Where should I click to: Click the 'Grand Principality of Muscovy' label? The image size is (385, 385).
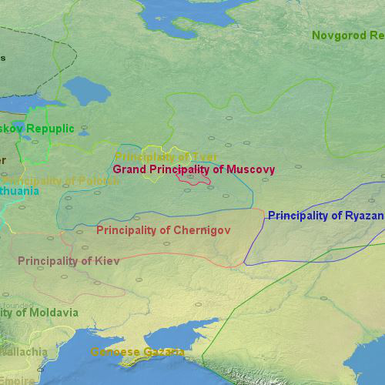pyautogui.click(x=193, y=169)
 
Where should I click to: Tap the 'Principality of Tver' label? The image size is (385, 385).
pyautogui.click(x=166, y=157)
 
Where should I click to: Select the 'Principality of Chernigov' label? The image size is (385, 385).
pyautogui.click(x=163, y=230)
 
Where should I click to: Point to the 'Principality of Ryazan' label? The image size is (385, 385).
pyautogui.click(x=325, y=216)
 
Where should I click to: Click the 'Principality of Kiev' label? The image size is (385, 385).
pyautogui.click(x=69, y=261)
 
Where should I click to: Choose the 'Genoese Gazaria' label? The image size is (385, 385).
pyautogui.click(x=137, y=352)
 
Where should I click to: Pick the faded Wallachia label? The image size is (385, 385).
pyautogui.click(x=23, y=352)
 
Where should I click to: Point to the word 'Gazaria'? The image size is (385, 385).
pyautogui.click(x=161, y=352)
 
